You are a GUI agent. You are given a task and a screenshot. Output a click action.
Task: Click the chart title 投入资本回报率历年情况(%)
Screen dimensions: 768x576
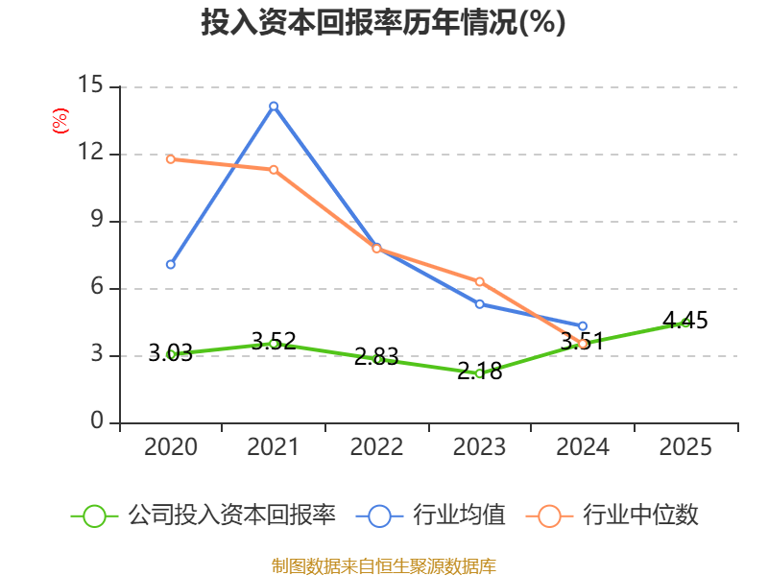383,22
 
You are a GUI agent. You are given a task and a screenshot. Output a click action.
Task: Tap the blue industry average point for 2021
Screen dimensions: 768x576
274,107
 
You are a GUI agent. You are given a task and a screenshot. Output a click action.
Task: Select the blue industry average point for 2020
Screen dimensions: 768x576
171,265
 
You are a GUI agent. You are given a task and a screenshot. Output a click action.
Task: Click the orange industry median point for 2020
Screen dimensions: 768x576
171,159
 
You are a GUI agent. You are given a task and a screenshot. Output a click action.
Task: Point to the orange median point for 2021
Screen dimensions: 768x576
274,170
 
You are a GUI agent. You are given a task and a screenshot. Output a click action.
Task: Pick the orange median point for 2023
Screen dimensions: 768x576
480,281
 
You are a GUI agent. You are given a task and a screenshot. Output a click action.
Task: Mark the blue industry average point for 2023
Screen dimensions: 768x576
480,304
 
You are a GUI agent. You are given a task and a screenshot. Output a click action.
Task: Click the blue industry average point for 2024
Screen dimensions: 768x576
583,326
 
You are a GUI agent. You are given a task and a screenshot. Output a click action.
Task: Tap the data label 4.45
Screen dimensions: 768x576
685,321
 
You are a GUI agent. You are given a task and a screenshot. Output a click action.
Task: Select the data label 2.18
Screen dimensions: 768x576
480,371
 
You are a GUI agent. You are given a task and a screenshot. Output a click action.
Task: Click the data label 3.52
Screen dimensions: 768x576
274,341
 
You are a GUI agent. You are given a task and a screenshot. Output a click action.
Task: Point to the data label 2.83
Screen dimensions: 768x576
376,356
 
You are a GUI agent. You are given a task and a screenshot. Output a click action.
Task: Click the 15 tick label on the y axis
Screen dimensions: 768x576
90,84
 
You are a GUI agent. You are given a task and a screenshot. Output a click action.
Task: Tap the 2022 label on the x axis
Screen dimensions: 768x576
376,446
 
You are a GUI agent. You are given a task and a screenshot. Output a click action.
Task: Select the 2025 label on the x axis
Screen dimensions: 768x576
685,446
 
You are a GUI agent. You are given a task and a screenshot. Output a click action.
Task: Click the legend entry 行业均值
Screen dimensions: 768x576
431,516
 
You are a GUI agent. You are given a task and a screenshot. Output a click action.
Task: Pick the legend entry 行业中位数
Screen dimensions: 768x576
612,516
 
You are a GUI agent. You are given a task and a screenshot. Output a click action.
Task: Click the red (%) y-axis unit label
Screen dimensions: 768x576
60,121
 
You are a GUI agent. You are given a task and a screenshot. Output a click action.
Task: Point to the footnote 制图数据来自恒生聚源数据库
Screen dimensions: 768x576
384,566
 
